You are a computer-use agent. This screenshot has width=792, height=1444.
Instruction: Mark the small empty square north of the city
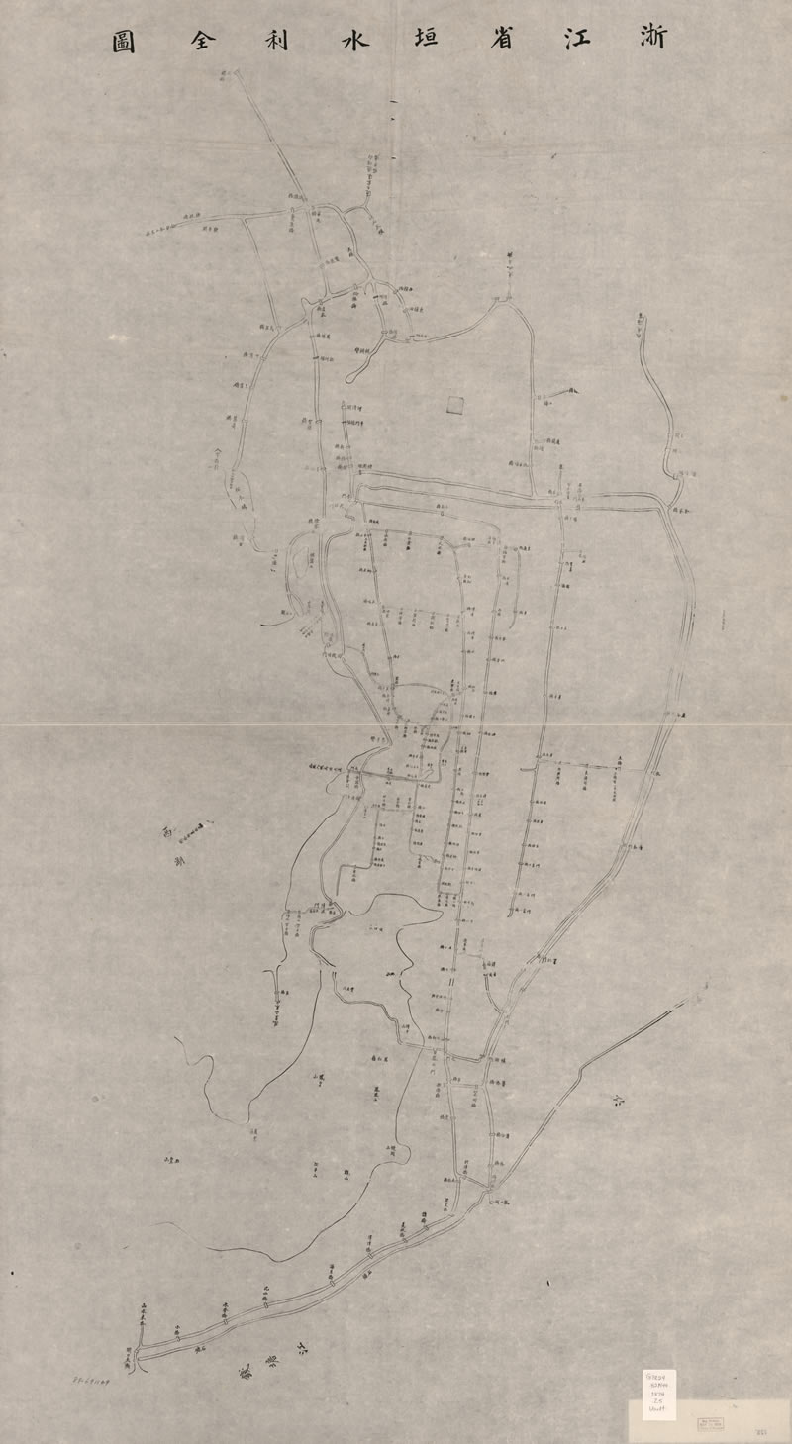[454, 404]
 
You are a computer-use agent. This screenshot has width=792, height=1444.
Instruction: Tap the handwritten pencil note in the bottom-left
[95, 1378]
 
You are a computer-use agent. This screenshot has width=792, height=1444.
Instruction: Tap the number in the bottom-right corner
[763, 1431]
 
